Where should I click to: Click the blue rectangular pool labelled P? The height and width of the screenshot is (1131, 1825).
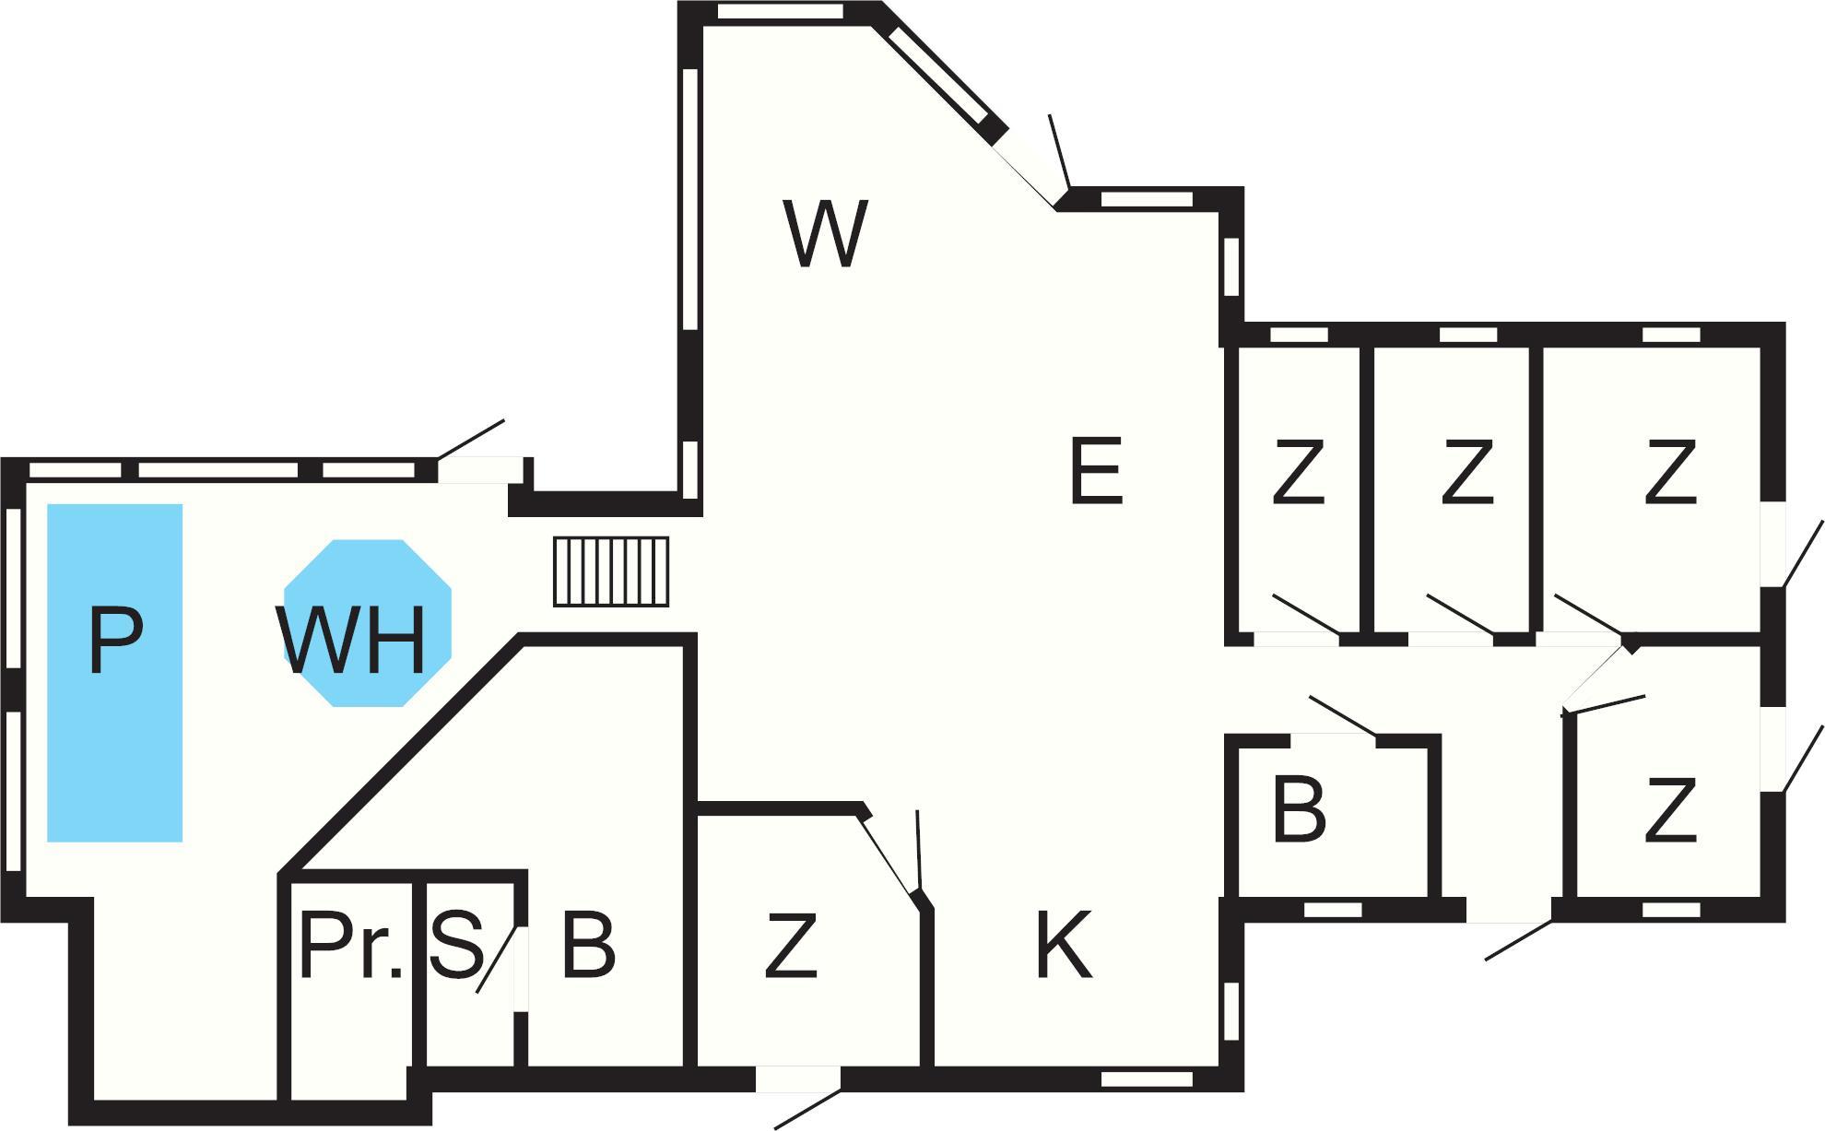coord(115,672)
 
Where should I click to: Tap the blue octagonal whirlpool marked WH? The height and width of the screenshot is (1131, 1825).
coord(368,623)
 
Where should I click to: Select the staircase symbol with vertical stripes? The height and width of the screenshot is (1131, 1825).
coord(611,571)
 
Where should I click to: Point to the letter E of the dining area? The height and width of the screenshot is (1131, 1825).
coord(1097,471)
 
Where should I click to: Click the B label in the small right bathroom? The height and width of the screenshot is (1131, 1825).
coord(1299,810)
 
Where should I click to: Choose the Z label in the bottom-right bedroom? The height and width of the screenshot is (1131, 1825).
coord(1670,810)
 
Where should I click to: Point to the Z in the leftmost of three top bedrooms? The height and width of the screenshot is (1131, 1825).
coord(1298,472)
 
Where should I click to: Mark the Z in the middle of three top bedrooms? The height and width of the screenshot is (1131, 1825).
coord(1466,472)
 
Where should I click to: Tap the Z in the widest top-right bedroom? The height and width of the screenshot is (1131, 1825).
coord(1670,472)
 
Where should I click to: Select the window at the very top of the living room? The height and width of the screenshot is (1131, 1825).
coord(780,12)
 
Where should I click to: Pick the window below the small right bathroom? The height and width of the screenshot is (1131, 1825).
coord(1333,910)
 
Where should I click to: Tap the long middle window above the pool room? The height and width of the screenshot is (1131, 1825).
coord(218,470)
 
